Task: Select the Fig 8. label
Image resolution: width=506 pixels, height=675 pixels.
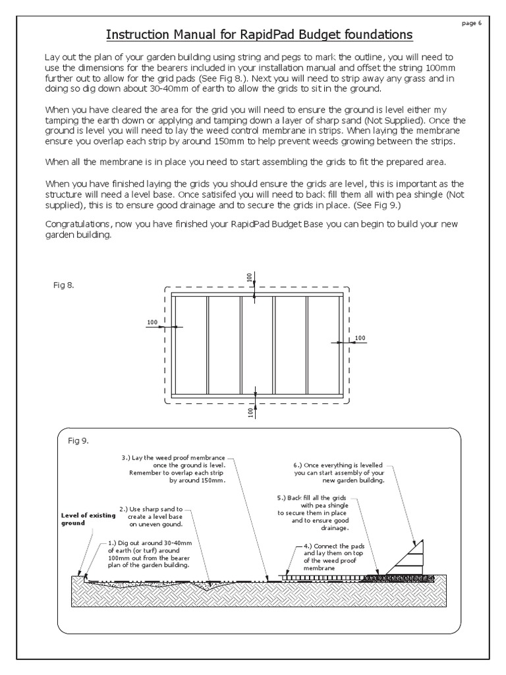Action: pyautogui.click(x=63, y=285)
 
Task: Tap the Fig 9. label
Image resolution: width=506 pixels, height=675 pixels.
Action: pyautogui.click(x=78, y=440)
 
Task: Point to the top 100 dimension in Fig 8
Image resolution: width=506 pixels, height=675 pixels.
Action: pyautogui.click(x=250, y=278)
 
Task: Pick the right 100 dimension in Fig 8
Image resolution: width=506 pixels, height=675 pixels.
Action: pyautogui.click(x=360, y=338)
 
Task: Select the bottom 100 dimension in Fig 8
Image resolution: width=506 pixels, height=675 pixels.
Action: pyautogui.click(x=250, y=412)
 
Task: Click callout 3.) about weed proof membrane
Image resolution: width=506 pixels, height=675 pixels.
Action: pyautogui.click(x=174, y=469)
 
